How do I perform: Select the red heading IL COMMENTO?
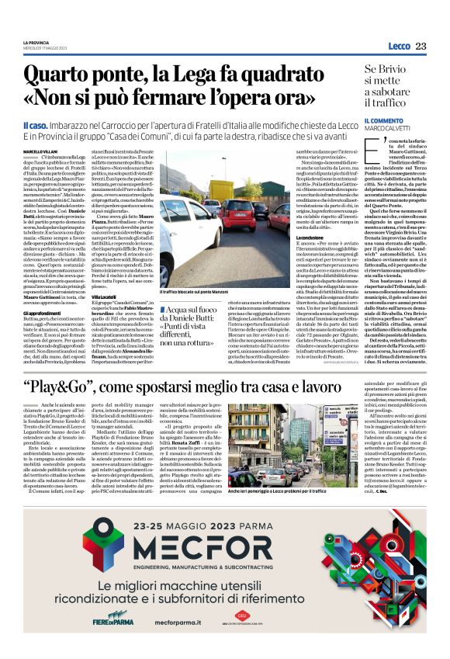point(386,121)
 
